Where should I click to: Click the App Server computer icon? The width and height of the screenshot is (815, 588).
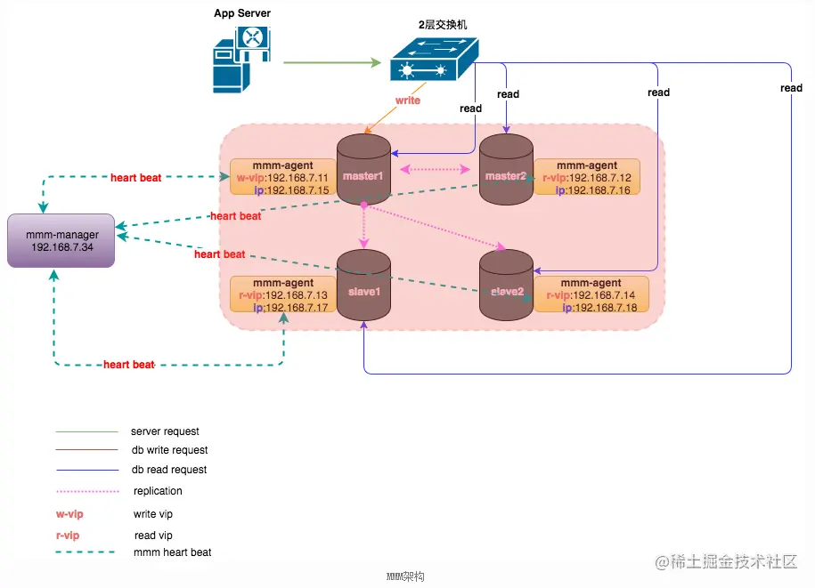(240, 60)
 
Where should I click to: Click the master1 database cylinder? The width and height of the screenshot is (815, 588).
(363, 170)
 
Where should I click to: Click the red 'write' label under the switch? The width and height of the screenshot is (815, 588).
(407, 101)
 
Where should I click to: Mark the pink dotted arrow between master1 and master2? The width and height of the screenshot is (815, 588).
(436, 169)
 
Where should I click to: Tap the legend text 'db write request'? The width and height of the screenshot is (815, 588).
(169, 450)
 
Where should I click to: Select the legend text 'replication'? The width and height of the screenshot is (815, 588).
(158, 491)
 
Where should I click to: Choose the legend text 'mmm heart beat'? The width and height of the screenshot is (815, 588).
(173, 552)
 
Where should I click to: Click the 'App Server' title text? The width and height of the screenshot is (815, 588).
(242, 13)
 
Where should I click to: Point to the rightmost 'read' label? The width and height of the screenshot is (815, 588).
(791, 88)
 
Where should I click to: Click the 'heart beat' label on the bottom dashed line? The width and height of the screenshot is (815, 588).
(129, 365)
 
